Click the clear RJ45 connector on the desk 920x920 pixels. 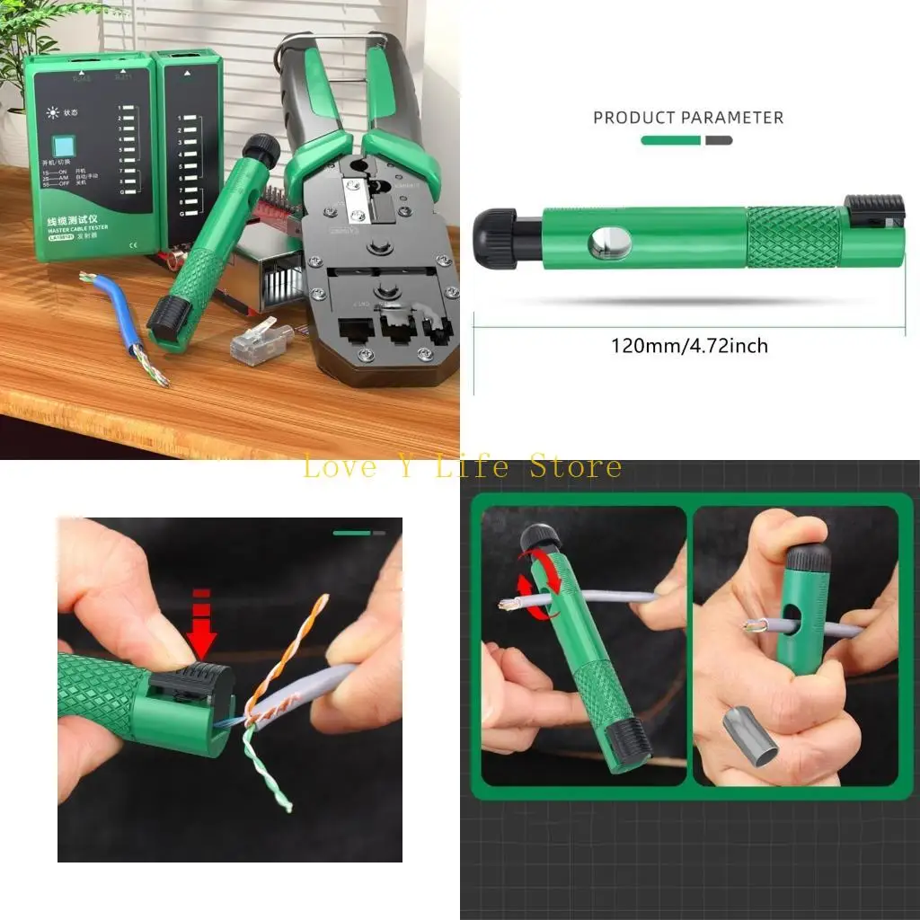(261, 339)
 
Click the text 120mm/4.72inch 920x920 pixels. (689, 345)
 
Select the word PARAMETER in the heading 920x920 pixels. (732, 118)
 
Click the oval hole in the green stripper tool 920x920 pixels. (609, 243)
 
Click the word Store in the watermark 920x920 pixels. (576, 467)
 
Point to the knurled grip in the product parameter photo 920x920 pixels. (793, 237)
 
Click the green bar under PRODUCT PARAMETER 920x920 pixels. (670, 140)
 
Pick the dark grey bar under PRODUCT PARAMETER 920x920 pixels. (719, 140)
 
